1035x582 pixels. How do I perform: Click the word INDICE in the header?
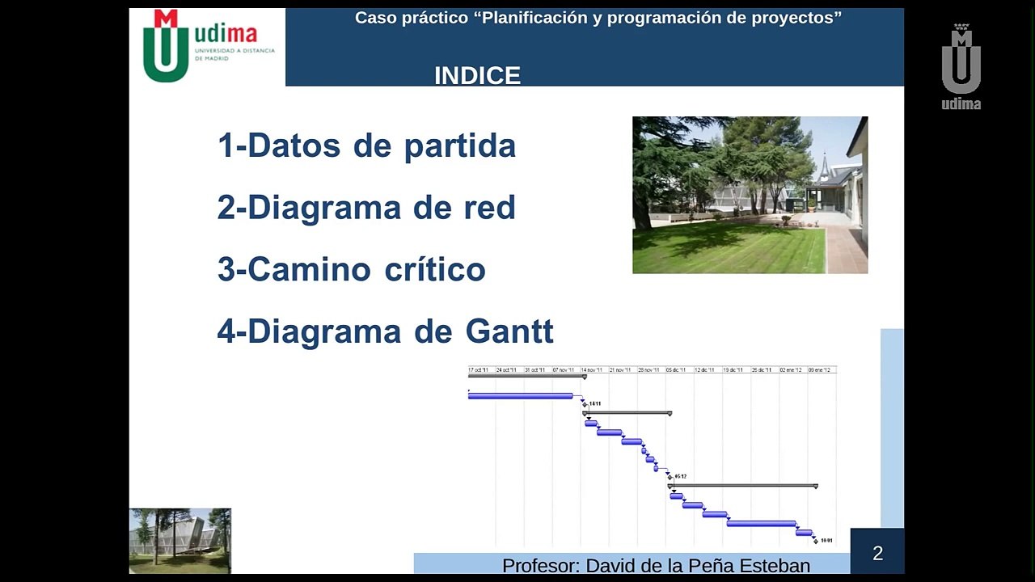(477, 75)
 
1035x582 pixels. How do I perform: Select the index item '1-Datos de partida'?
(366, 145)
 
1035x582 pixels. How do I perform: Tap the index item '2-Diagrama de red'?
(366, 208)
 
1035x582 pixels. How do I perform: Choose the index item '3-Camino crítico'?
(351, 269)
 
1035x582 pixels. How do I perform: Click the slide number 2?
(877, 554)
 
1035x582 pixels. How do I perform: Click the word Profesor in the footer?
(540, 565)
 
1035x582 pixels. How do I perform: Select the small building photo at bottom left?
(180, 540)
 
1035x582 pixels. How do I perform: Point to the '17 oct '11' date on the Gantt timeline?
(479, 369)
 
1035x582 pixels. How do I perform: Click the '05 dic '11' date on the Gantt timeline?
(676, 369)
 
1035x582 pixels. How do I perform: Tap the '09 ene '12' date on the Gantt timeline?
(819, 369)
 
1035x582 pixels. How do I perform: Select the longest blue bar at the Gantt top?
(521, 396)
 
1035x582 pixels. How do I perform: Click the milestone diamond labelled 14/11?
(585, 404)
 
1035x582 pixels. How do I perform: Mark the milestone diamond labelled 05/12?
(670, 477)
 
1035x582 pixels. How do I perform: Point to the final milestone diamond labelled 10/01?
(815, 541)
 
